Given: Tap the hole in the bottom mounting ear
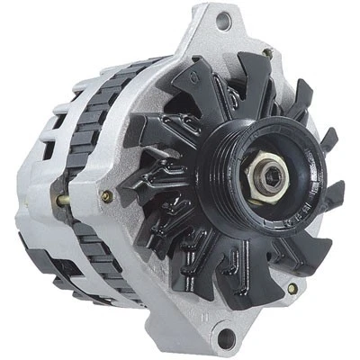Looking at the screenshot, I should click(227, 337).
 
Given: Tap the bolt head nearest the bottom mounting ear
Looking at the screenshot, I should click(291, 288).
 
